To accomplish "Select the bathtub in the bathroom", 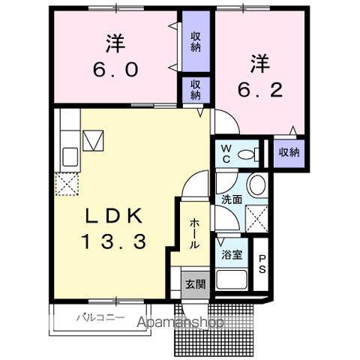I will (x=233, y=280).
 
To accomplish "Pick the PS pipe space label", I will (x=262, y=265).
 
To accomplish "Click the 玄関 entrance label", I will (x=195, y=283).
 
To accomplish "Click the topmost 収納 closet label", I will (x=195, y=41).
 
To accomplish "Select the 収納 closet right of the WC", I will (x=289, y=152).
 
